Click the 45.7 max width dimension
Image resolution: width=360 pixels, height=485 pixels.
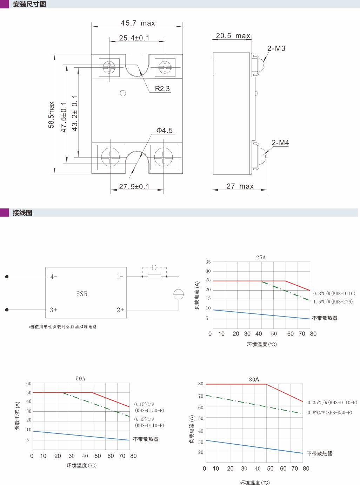pyautogui.click(x=138, y=23)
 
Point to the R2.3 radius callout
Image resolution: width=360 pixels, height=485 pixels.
pyautogui.click(x=162, y=88)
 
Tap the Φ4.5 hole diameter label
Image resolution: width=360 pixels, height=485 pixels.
pyautogui.click(x=165, y=130)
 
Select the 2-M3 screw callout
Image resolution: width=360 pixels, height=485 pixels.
pyautogui.click(x=276, y=48)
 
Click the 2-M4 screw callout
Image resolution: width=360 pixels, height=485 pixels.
pyautogui.click(x=280, y=143)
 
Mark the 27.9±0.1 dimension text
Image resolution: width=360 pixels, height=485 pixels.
pyautogui.click(x=134, y=186)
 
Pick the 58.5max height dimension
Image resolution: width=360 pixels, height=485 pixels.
pyautogui.click(x=51, y=115)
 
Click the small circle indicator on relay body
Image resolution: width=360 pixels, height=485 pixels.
pyautogui.click(x=123, y=93)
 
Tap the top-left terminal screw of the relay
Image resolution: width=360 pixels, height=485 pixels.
pyautogui.click(x=109, y=67)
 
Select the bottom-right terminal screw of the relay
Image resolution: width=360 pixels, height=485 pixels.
pyautogui.click(x=164, y=157)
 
